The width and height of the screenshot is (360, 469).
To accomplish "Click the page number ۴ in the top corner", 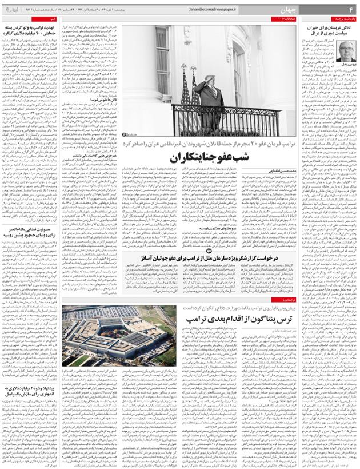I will [x=350, y=8].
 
